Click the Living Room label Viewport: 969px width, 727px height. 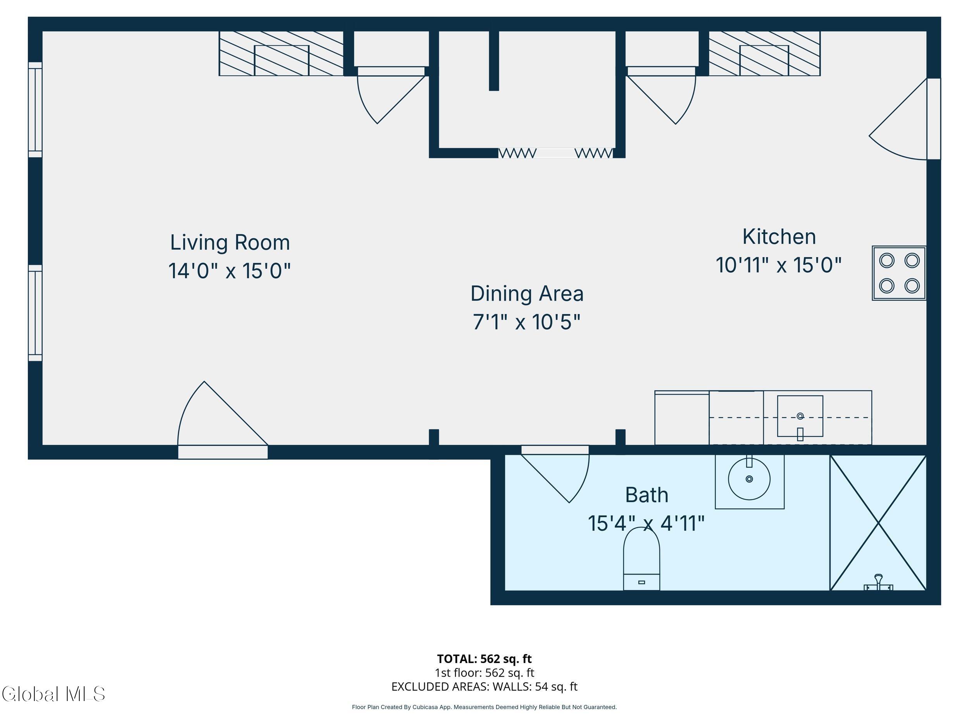(230, 242)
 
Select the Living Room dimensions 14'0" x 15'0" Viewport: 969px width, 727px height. (229, 270)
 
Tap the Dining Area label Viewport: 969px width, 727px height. (527, 294)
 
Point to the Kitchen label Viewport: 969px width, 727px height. (779, 237)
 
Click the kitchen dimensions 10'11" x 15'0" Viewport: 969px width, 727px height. (778, 265)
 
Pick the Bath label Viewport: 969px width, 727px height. (647, 495)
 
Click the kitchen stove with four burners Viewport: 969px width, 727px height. (899, 273)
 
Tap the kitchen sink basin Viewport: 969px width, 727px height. (800, 416)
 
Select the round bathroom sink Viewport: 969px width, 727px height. (749, 479)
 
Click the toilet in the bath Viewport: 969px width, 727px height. (641, 559)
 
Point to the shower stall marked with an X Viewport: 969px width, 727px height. (878, 523)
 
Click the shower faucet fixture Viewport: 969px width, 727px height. (878, 583)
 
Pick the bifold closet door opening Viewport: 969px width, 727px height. (555, 153)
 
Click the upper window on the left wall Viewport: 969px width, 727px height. (35, 110)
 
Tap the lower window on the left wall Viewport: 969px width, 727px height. (35, 313)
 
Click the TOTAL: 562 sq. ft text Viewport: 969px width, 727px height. (484, 659)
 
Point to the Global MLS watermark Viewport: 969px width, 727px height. (53, 694)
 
